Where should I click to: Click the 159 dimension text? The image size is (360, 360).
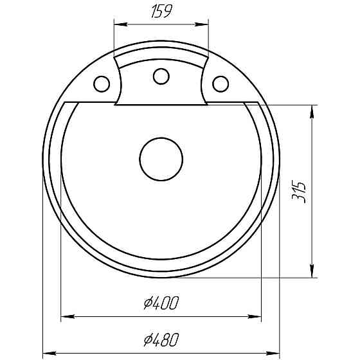tap(161, 12)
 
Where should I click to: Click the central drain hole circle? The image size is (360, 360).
tap(161, 158)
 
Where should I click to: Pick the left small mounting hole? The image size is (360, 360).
tap(102, 84)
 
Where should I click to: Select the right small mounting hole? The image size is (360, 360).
tap(221, 84)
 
